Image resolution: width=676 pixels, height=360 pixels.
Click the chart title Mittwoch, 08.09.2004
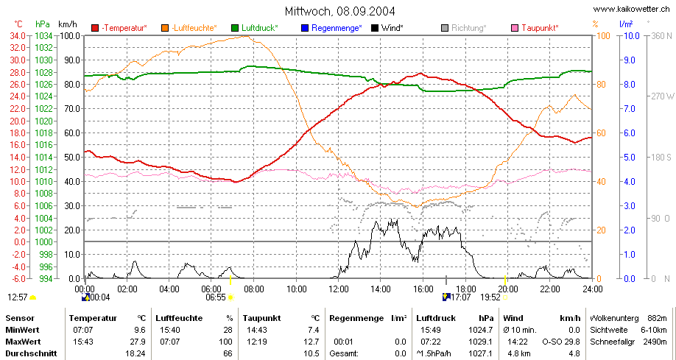point(339,11)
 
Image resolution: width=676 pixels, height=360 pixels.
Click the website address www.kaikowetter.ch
point(632,9)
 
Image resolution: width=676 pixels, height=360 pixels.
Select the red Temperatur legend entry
point(119,28)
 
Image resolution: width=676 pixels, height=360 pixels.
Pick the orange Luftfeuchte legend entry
point(189,28)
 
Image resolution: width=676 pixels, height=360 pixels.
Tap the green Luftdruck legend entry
point(255,28)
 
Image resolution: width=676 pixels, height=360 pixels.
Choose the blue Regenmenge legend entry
point(331,28)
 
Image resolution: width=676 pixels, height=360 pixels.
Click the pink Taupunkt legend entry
point(535,28)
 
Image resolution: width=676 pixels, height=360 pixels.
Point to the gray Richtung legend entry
point(464,28)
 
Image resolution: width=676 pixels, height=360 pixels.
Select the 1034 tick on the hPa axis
point(44,35)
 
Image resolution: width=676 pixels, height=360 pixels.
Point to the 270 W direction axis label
point(662,96)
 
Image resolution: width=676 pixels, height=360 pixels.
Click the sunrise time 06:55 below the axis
point(216,297)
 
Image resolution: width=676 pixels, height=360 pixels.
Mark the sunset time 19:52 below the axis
point(490,297)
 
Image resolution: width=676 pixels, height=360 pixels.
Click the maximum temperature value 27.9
point(139,342)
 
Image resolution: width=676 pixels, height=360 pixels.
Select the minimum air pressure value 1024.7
point(482,331)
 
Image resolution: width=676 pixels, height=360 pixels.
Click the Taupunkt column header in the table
point(261,319)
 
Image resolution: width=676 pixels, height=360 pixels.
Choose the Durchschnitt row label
point(31,353)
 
